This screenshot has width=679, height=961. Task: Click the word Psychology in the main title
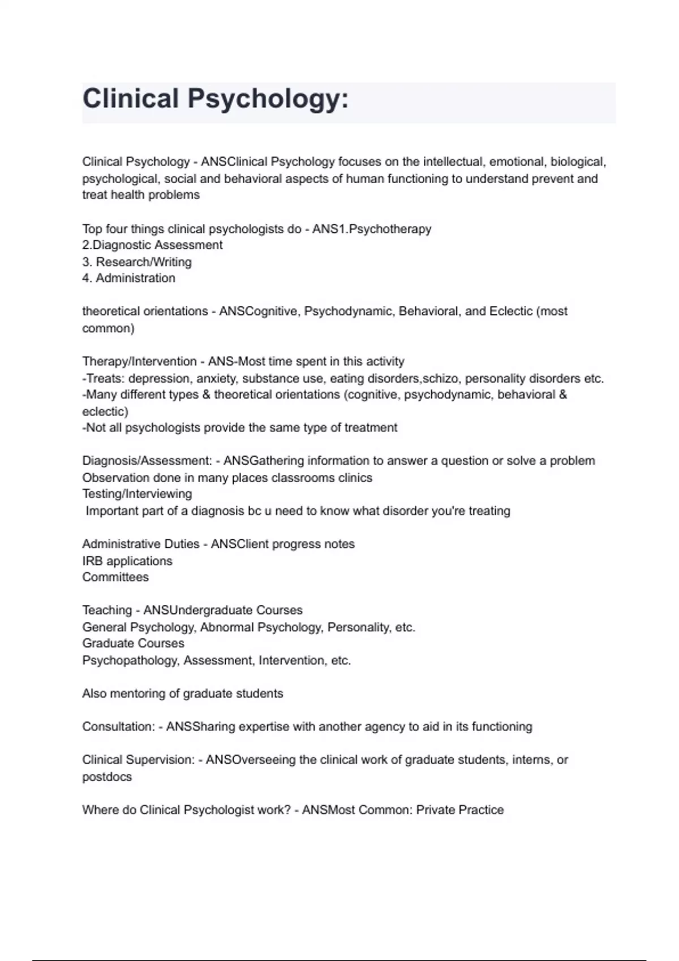268,99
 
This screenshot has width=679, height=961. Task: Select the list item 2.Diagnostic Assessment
152,245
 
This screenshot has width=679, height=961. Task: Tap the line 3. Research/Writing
137,262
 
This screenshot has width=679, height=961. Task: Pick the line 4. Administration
129,279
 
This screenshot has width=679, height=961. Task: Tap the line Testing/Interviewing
137,494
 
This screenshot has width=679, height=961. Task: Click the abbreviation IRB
92,561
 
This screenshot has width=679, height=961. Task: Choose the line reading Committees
115,578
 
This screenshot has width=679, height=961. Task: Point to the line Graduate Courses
133,644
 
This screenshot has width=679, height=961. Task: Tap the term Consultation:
118,727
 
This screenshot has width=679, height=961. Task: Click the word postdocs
107,777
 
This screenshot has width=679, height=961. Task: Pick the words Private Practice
459,811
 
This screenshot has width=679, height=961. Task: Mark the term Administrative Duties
141,544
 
